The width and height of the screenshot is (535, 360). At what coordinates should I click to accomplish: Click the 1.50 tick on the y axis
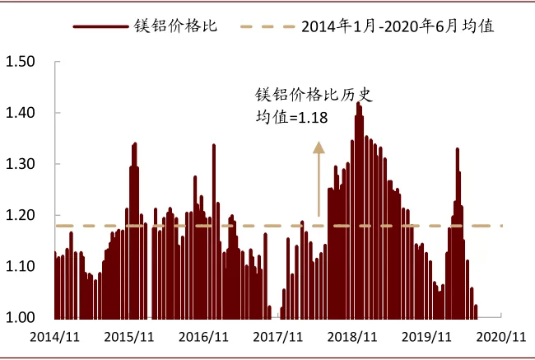pyautogui.click(x=20, y=62)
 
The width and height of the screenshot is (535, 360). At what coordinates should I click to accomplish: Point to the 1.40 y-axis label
pyautogui.click(x=20, y=113)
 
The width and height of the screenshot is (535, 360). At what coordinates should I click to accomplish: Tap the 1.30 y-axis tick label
pyautogui.click(x=20, y=164)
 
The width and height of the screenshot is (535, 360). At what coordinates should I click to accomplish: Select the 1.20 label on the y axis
pyautogui.click(x=20, y=215)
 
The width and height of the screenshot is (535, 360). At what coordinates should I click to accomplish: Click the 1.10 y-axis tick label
pyautogui.click(x=20, y=266)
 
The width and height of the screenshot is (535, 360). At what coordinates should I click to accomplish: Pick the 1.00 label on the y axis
pyautogui.click(x=20, y=317)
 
